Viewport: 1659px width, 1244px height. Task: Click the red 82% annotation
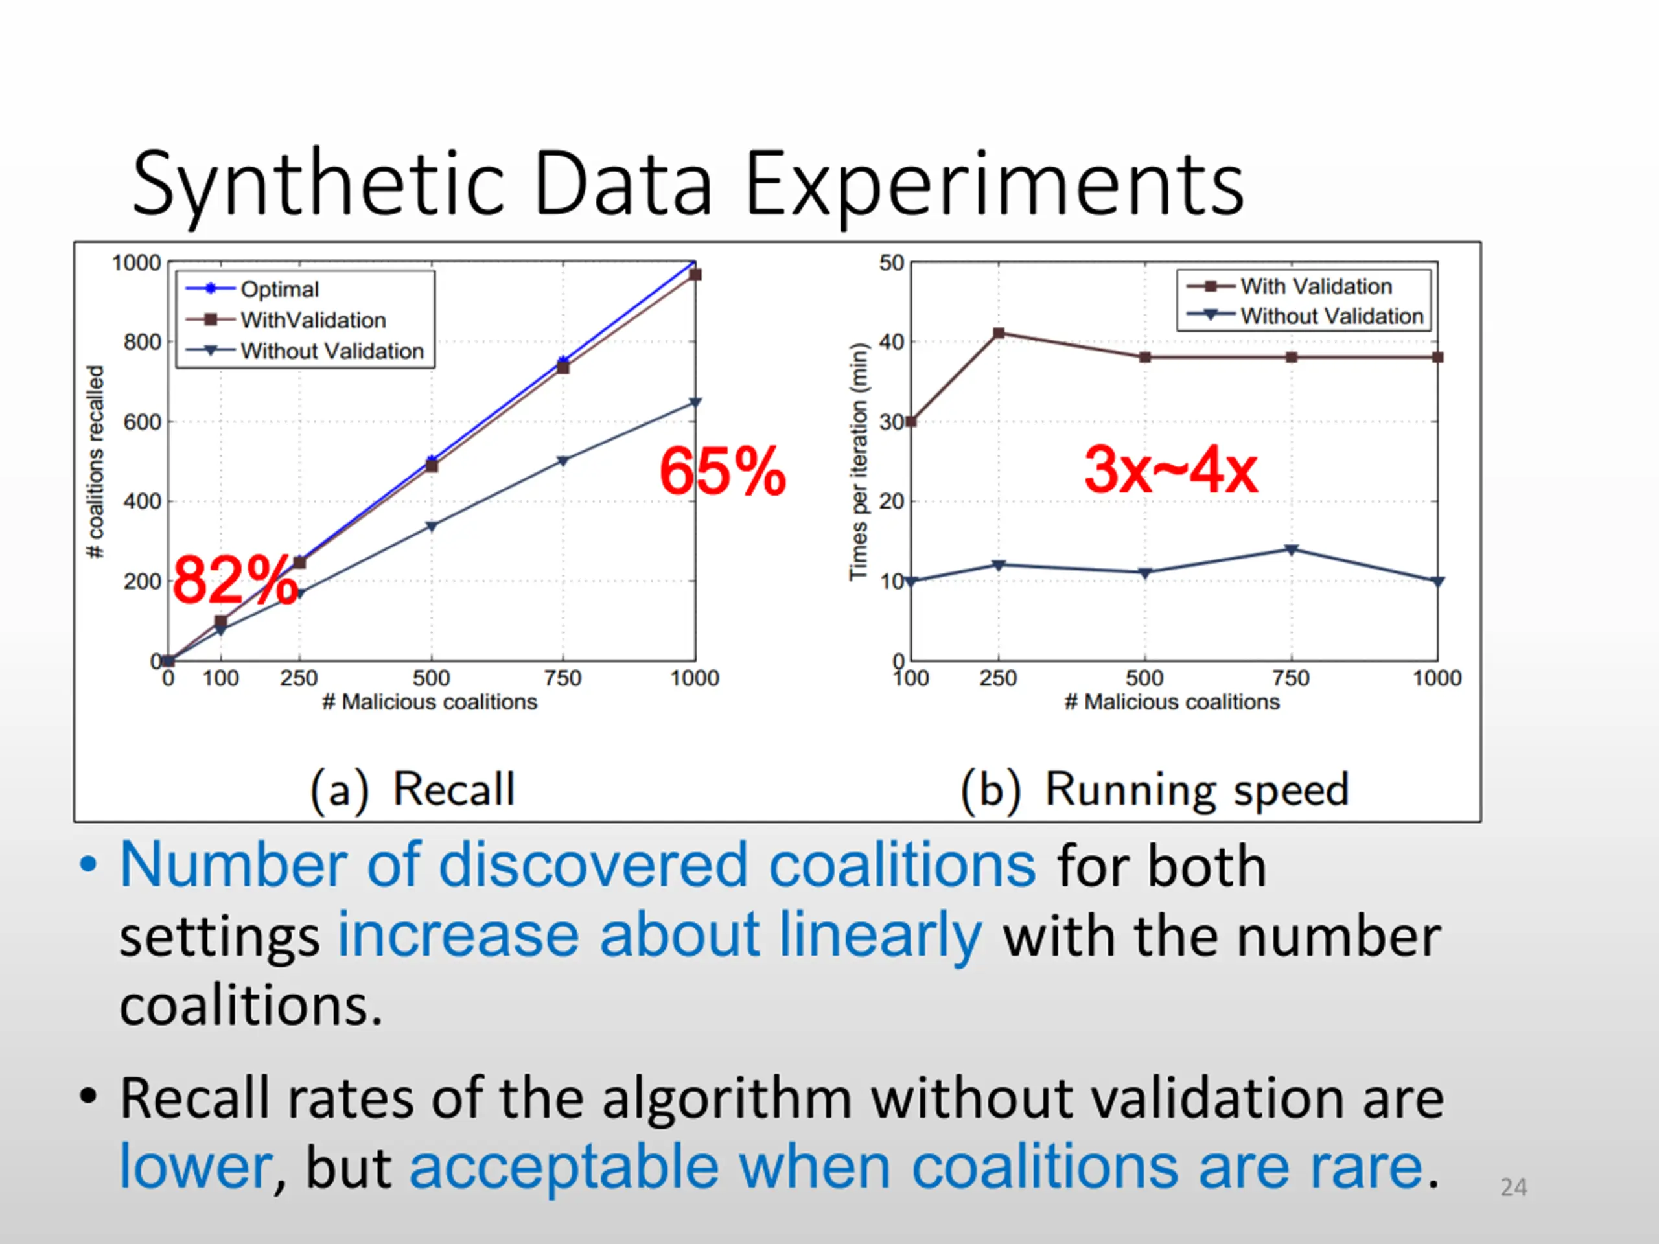click(x=234, y=580)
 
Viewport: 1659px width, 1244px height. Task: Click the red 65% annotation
click(x=723, y=472)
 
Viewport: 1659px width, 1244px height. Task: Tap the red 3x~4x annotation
click(x=1171, y=470)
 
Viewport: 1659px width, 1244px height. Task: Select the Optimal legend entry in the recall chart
click(x=279, y=290)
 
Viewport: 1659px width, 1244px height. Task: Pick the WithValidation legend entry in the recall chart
click(x=313, y=320)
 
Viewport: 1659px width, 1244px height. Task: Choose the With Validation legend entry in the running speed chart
click(x=1316, y=286)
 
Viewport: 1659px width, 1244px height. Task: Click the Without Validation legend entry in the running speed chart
click(x=1331, y=316)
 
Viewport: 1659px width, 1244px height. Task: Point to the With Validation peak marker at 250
click(x=998, y=333)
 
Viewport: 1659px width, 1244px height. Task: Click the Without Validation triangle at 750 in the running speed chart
click(x=1291, y=549)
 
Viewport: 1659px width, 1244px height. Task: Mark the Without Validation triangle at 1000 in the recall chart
click(x=695, y=402)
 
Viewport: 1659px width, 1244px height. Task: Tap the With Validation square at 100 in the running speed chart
click(x=911, y=421)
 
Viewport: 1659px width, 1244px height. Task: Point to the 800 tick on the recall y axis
click(x=142, y=343)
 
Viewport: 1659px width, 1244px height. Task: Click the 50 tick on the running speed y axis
click(x=892, y=263)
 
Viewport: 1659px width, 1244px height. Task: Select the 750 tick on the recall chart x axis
click(x=563, y=678)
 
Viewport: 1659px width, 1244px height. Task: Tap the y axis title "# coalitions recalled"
click(x=95, y=461)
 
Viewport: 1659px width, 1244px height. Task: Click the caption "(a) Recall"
click(x=413, y=790)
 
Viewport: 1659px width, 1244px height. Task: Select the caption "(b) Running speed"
click(x=1155, y=790)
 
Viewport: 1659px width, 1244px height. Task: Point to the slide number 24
click(x=1513, y=1187)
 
